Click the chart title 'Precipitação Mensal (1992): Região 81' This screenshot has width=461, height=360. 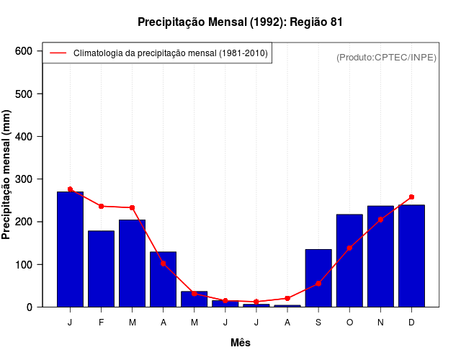click(240, 22)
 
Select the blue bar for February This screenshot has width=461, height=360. click(101, 269)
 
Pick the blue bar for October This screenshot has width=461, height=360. click(349, 261)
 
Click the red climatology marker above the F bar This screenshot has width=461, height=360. click(101, 206)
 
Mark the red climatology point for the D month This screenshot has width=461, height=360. click(411, 197)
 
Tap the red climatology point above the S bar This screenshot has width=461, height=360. click(318, 283)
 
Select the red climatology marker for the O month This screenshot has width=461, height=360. click(349, 248)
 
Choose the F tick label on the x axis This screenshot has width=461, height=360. click(101, 323)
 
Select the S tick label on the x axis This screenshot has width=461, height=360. click(318, 323)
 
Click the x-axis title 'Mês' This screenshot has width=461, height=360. click(240, 343)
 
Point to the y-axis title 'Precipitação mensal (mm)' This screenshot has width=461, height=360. click(7, 174)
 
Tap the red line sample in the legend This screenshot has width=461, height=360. click(58, 53)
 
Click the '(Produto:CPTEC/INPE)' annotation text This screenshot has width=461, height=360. click(386, 57)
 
